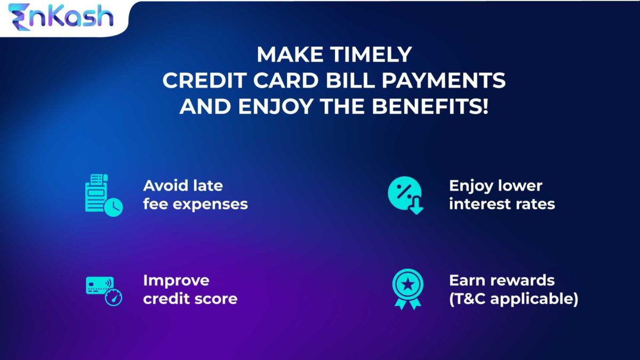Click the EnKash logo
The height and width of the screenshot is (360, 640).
61,17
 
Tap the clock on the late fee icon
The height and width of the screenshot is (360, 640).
113,207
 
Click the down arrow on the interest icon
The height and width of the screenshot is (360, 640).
416,207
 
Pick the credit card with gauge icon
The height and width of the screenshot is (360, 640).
103,290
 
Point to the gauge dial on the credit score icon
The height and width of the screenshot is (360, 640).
114,298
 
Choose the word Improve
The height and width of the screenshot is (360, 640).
176,281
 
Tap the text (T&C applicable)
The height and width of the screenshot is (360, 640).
513,299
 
